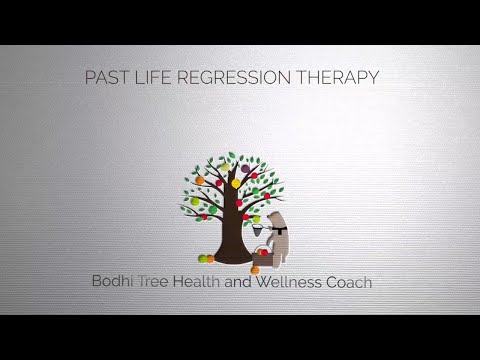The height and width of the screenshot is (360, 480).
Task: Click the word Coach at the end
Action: [x=350, y=282]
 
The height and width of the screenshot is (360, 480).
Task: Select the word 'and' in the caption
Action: [x=256, y=282]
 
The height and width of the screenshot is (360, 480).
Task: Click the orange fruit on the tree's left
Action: [x=199, y=181]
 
